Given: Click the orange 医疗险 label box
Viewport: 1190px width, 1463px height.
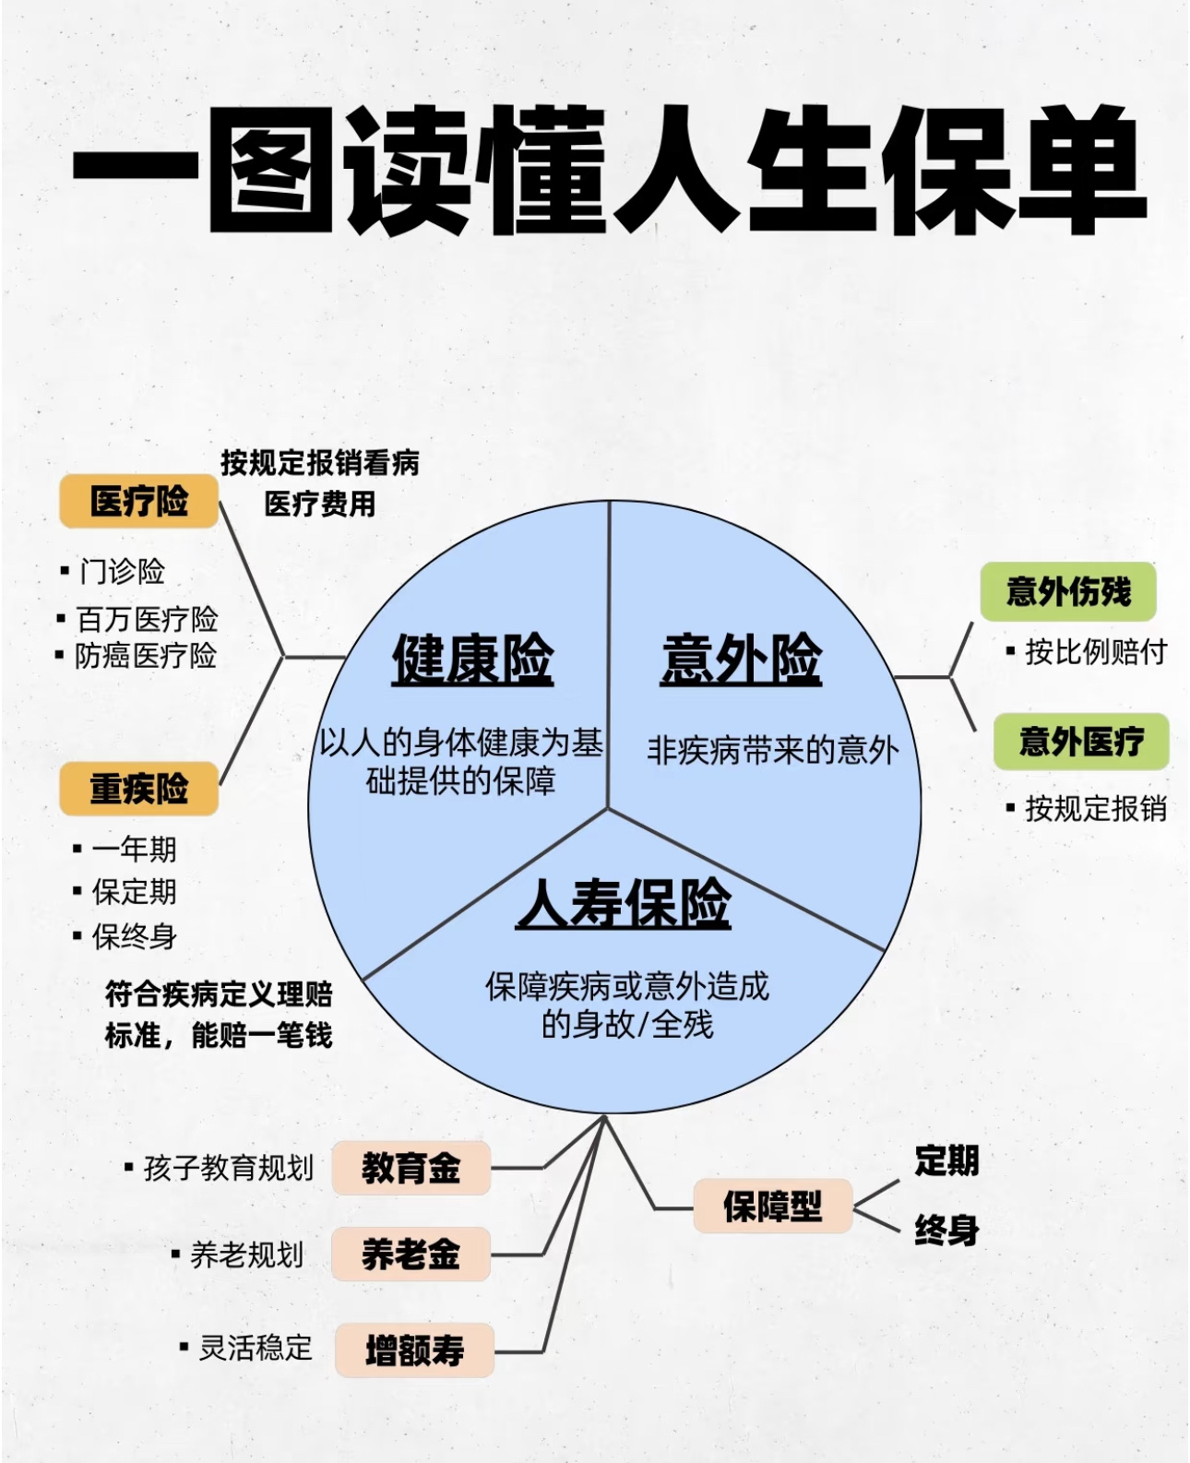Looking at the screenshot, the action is point(139,502).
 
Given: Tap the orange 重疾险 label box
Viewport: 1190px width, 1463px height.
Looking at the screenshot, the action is point(139,789).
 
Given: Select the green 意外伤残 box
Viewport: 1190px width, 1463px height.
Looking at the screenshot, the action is point(1068,591).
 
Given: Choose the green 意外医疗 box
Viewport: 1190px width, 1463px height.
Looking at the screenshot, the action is point(1081,742).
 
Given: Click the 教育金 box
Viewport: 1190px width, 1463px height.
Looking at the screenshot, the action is point(411,1168).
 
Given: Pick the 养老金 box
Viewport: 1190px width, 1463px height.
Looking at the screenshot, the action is point(411,1255).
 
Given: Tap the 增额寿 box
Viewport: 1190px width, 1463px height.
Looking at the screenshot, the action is point(414,1350).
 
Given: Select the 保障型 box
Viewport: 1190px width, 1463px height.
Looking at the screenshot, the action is point(772,1206).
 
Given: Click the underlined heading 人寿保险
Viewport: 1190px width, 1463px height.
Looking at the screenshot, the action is point(624,903).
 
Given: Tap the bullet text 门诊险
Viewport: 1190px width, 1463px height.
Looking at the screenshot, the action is point(122,572).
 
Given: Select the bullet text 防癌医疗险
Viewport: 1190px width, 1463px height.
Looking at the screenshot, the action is point(146,656).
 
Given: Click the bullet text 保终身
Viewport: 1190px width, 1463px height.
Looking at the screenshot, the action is point(134,937).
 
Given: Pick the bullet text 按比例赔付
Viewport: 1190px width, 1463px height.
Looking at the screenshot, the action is point(1096,652).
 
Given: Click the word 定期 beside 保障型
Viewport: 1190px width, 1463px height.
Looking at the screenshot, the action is point(946,1160).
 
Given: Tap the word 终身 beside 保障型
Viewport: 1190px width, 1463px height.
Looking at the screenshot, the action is point(946,1230).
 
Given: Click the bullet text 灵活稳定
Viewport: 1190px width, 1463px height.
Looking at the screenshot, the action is point(256,1348).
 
